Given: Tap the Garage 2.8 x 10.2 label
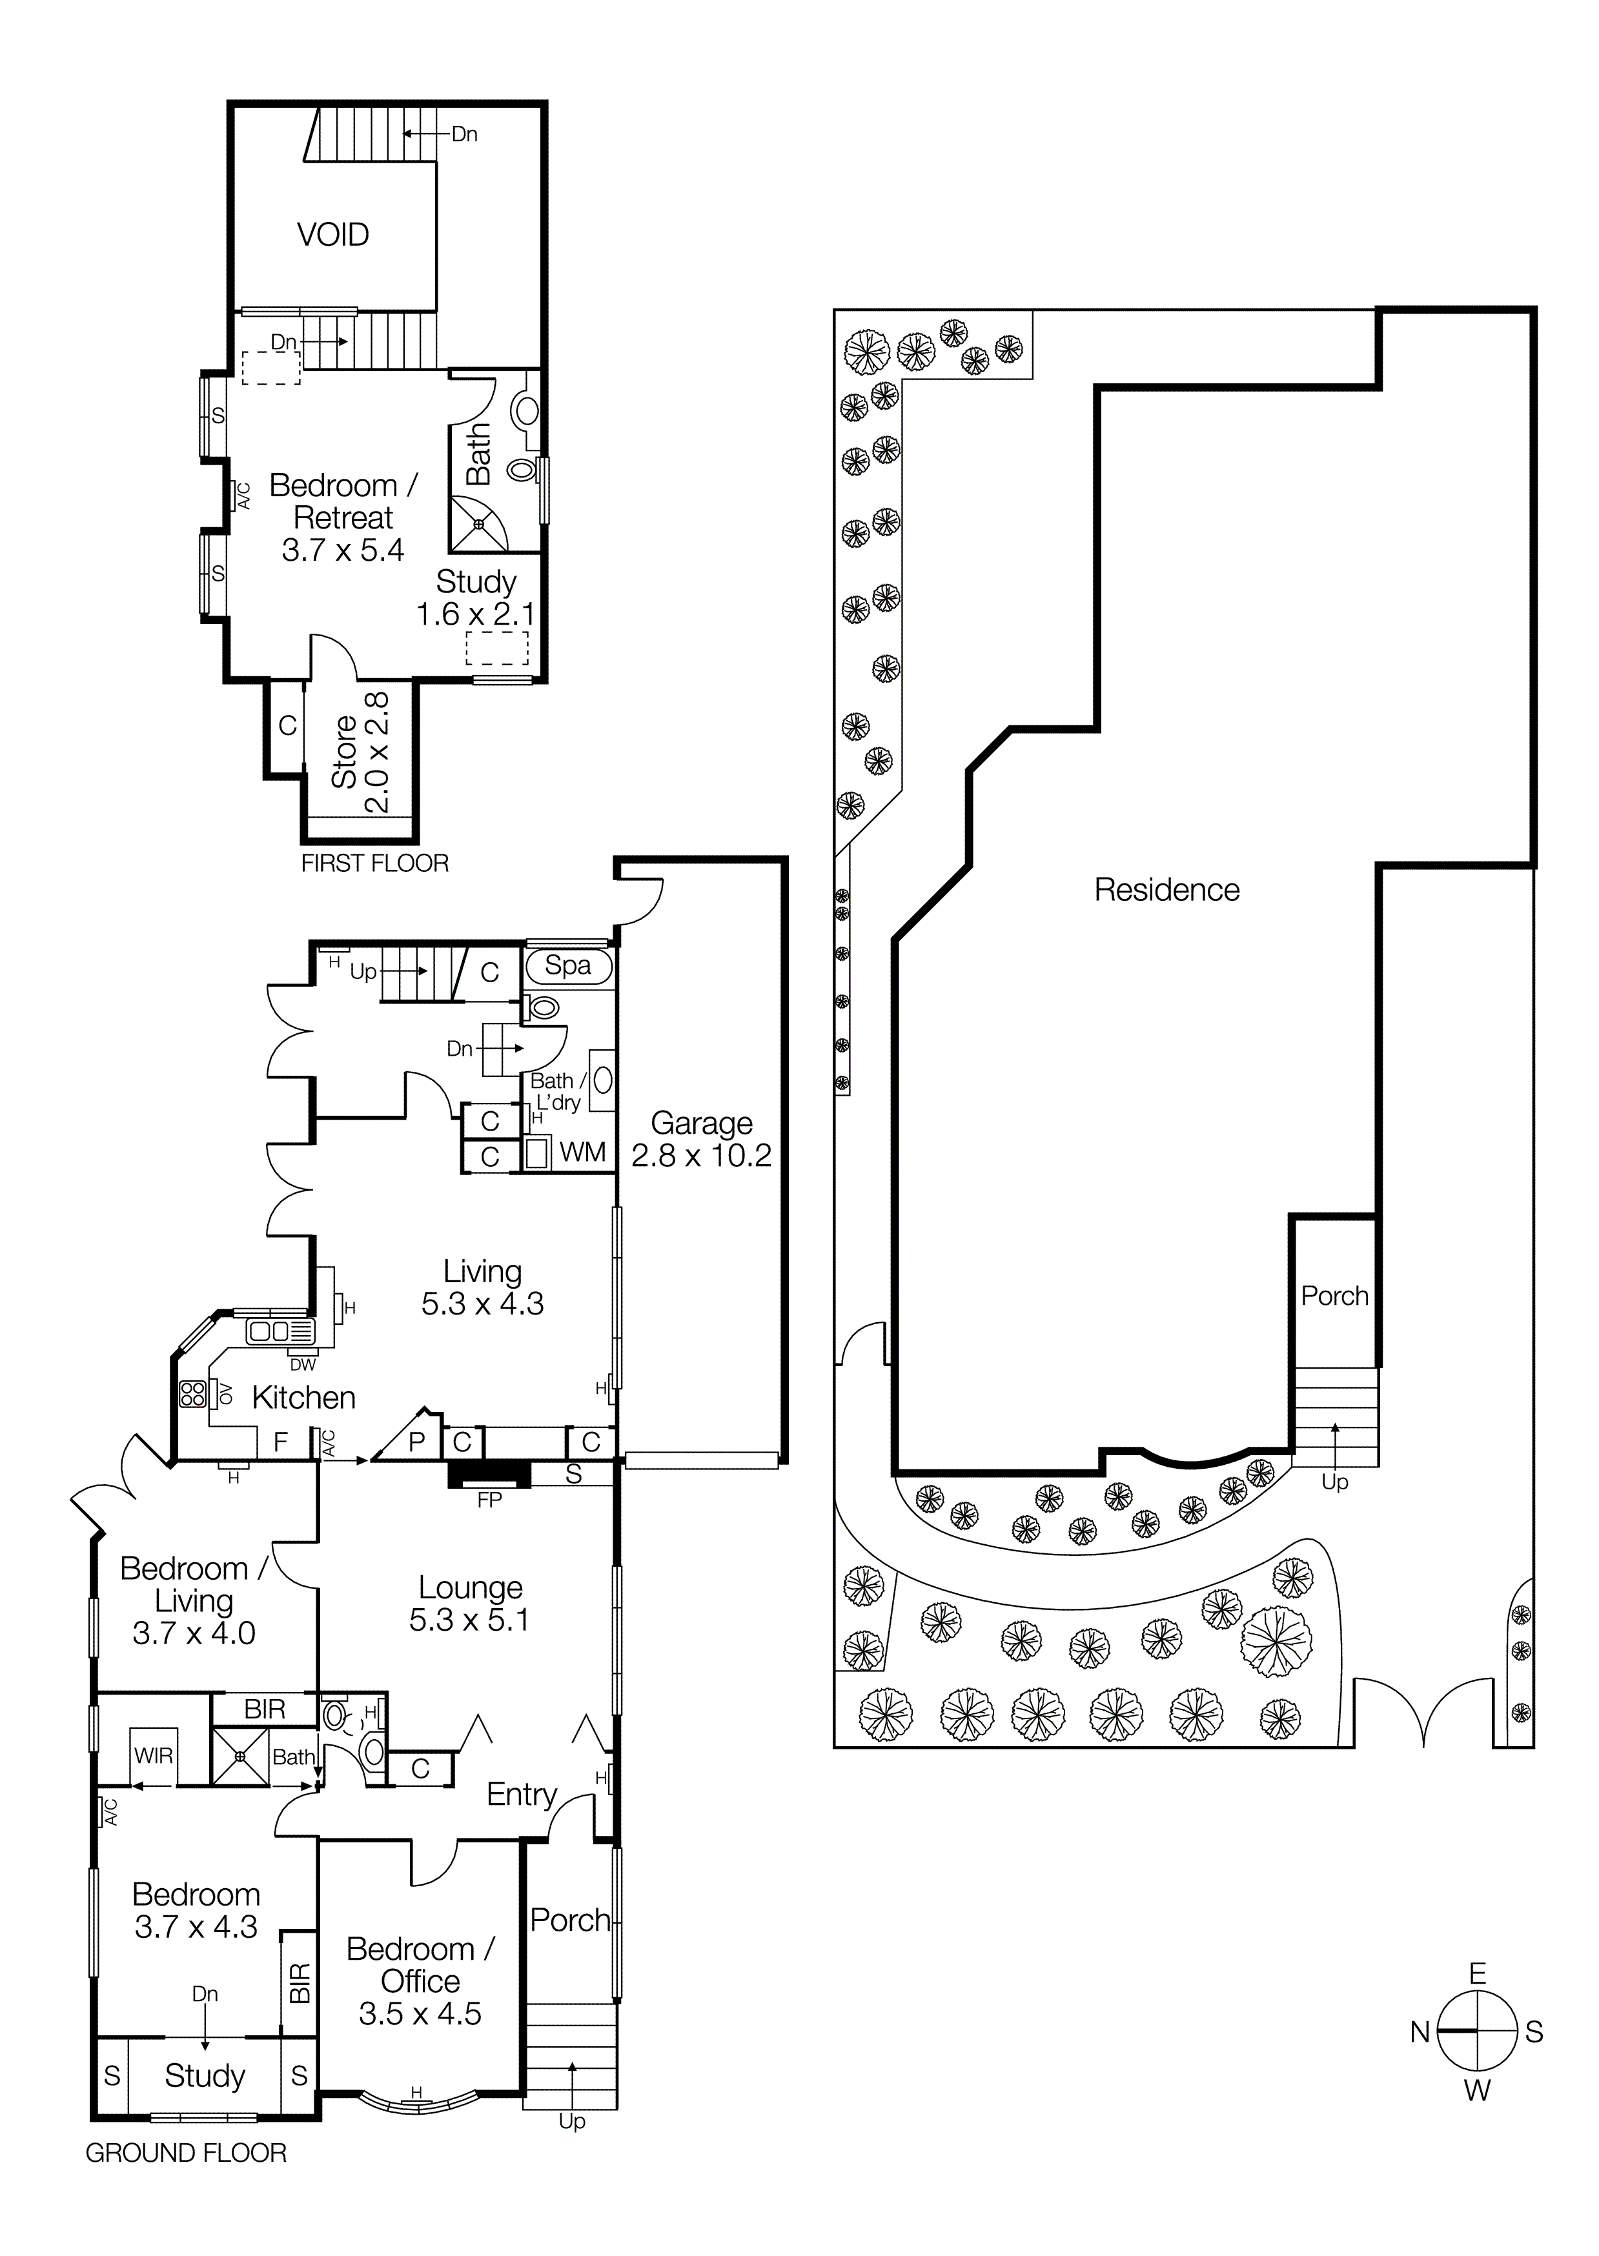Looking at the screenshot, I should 701,1139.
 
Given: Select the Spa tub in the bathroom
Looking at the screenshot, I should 568,965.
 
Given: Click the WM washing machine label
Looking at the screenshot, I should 582,1152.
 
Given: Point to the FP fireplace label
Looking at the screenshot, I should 489,1500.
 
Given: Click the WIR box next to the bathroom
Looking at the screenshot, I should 152,1756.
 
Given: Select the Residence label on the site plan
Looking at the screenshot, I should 1166,890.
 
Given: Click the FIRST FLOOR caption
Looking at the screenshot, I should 374,863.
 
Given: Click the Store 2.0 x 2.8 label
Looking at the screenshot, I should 360,752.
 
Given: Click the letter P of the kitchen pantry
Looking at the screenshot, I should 416,1443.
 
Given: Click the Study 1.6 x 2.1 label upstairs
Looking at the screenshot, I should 476,598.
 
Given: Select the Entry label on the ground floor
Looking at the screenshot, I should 521,1795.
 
